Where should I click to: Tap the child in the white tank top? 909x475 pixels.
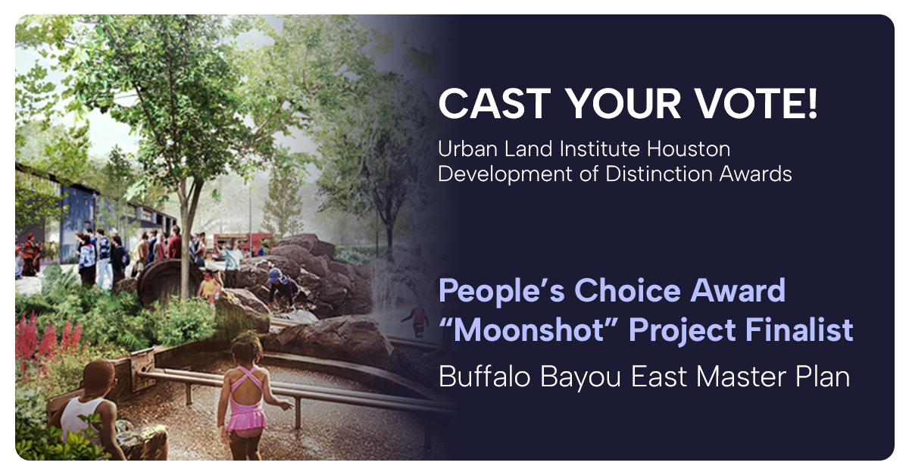(x=89, y=409)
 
